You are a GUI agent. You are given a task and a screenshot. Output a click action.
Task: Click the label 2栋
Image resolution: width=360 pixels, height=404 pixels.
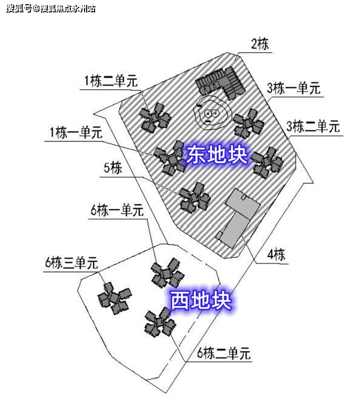point(260,44)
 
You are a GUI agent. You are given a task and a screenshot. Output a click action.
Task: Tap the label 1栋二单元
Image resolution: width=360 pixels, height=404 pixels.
point(111,81)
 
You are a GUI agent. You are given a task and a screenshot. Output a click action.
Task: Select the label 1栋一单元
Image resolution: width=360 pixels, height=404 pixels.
point(76,132)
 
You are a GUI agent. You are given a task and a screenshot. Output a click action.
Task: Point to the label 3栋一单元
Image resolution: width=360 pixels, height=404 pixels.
point(293,88)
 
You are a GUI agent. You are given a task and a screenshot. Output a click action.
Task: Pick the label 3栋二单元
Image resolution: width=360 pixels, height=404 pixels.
point(313,126)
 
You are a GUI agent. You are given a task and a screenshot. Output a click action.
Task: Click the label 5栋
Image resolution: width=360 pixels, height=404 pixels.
point(112,168)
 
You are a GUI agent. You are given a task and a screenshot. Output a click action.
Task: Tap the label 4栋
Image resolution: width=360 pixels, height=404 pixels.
point(276,254)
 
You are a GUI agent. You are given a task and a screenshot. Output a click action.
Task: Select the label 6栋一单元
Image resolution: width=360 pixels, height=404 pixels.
point(117,210)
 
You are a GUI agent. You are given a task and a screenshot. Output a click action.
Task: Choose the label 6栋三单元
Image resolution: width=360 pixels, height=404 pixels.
point(71,263)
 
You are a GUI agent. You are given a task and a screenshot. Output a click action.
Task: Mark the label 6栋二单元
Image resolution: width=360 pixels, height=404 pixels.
point(224,353)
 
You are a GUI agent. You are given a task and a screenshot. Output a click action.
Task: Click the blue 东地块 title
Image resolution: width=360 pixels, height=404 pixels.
point(217,154)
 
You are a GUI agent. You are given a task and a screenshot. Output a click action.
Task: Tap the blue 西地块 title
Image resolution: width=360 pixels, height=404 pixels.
point(200,301)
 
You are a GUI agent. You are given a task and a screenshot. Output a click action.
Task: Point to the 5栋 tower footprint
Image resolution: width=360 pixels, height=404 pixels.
point(194,198)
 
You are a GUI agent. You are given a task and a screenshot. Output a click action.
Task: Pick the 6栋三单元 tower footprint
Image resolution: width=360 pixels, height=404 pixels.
point(115,298)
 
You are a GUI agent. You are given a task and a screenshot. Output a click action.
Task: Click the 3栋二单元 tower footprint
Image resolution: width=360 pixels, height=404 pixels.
point(268,162)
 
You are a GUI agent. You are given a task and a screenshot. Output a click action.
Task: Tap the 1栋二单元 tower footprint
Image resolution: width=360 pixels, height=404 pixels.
point(155,118)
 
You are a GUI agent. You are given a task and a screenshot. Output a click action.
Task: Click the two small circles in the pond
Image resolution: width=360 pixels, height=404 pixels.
point(212,113)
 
